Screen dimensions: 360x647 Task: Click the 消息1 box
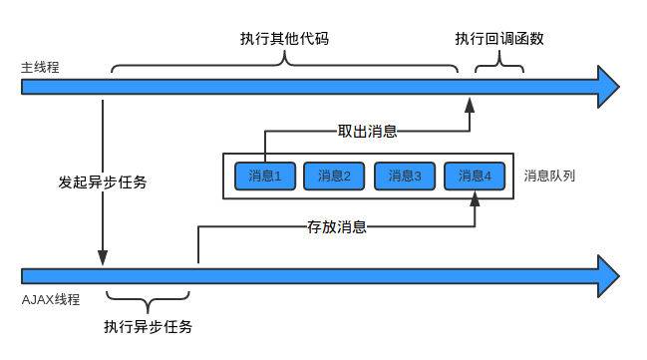tap(264, 176)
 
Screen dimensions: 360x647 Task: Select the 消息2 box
tap(334, 176)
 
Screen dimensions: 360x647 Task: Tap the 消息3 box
tap(405, 176)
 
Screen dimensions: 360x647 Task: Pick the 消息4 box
tap(475, 176)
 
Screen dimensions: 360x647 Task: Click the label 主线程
tap(41, 68)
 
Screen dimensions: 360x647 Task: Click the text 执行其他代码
tap(284, 39)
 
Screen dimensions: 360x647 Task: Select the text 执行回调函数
tap(499, 39)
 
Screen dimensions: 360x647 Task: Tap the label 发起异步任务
tap(103, 182)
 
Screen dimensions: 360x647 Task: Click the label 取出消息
tap(367, 131)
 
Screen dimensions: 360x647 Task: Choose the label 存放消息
tap(337, 226)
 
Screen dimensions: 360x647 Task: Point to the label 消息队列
tap(549, 176)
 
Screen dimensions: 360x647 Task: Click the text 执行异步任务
tap(148, 326)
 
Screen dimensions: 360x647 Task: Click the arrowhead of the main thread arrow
tap(608, 87)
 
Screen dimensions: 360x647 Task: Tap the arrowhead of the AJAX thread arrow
tap(608, 274)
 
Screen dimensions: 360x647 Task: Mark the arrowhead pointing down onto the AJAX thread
tap(103, 257)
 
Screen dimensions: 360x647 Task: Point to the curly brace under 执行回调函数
tap(498, 66)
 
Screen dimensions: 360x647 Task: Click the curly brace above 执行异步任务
tap(148, 299)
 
